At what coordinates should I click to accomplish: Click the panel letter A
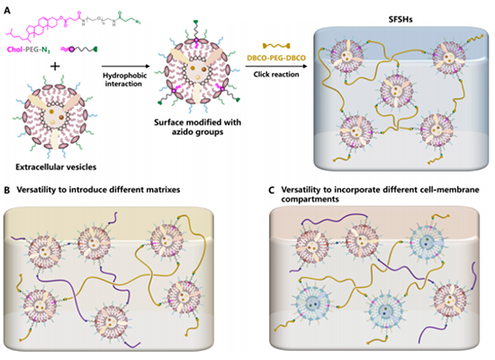point(7,11)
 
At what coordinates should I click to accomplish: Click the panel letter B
point(6,191)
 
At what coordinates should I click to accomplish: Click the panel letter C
point(271,191)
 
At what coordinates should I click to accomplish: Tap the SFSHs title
point(400,20)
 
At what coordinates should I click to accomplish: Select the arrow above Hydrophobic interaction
point(125,67)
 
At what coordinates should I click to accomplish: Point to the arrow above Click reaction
point(276,67)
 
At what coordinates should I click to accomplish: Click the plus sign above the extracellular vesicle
point(55,67)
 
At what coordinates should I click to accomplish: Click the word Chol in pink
point(14,49)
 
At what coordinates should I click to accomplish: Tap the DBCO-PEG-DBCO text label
point(276,58)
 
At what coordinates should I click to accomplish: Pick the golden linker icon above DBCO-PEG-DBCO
point(276,46)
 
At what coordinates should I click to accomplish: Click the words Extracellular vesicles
point(56,166)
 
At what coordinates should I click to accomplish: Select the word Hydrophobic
point(125,76)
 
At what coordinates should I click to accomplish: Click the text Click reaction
point(276,75)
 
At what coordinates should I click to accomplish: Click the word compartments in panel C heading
point(310,200)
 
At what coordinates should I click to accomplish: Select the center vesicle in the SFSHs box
point(396,91)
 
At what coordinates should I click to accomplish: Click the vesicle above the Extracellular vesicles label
point(55,116)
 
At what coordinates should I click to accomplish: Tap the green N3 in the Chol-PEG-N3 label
point(46,49)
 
